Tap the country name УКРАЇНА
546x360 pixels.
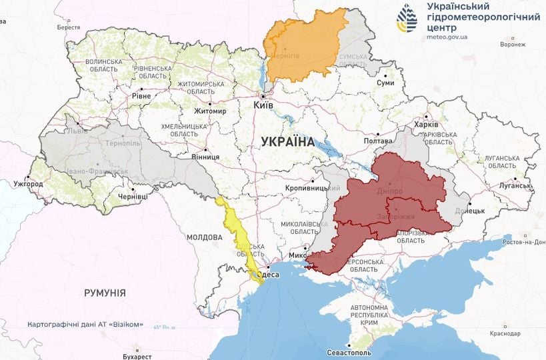(287, 141)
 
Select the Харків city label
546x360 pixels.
(426, 125)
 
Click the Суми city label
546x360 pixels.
(385, 83)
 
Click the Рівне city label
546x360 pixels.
(141, 96)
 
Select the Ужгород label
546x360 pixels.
(28, 183)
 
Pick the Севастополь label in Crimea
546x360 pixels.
(349, 352)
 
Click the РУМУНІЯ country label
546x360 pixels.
(105, 292)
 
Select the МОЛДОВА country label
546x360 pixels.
(204, 237)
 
